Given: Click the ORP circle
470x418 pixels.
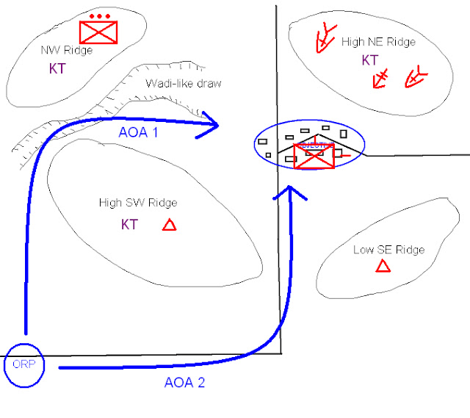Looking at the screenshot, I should tap(25, 364).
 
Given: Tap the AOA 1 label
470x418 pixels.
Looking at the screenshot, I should tap(138, 131).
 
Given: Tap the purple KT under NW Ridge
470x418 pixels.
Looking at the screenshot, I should tap(57, 70).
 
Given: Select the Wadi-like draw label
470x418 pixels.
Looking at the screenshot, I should tap(183, 83).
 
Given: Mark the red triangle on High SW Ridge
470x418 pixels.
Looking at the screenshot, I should tap(169, 225).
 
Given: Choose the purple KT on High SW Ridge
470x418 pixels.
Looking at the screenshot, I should tap(129, 225).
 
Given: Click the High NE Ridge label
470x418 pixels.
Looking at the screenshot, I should tap(378, 42).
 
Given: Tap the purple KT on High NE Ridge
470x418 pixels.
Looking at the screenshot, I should tap(369, 60).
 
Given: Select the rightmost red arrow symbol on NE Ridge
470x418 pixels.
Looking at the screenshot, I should tap(415, 77).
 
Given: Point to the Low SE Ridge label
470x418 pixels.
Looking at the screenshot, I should tap(389, 250).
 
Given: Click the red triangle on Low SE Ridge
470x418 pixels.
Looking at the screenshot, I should tap(383, 266).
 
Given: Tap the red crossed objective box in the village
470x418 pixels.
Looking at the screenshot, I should tap(314, 156).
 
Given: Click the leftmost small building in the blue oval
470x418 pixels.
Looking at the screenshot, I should tap(262, 141).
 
